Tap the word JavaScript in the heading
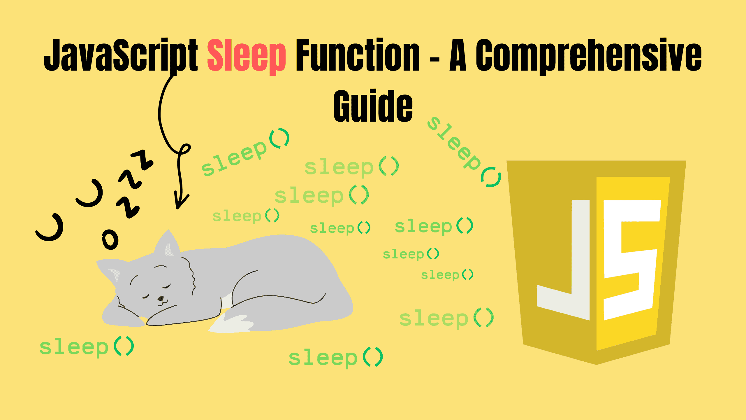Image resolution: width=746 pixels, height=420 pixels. tap(121, 55)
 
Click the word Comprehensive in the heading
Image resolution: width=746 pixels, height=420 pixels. tap(589, 55)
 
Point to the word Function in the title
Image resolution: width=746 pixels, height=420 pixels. tap(358, 55)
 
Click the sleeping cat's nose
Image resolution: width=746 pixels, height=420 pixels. tap(161, 298)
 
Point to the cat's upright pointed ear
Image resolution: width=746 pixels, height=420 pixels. tap(168, 244)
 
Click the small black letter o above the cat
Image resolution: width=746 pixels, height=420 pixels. tap(110, 239)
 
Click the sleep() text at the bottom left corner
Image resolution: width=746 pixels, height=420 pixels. tap(87, 347)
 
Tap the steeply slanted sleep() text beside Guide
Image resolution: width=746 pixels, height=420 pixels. tap(463, 152)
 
